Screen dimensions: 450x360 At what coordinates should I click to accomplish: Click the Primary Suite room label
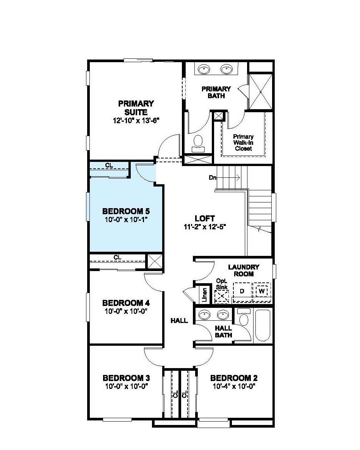coord(136,108)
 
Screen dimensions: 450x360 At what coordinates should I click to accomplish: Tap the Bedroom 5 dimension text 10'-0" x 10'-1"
coord(125,219)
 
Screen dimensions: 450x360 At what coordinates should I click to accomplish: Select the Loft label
coord(205,219)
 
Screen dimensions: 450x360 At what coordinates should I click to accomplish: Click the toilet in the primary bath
coord(198,142)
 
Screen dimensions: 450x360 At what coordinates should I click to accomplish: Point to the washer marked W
coord(261,291)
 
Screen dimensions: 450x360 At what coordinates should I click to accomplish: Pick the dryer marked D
coord(242,291)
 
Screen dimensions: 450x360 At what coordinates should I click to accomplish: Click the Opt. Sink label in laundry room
coord(221,284)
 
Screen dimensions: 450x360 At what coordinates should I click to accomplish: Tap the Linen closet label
coord(204,294)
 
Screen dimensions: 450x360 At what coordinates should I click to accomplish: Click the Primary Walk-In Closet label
coord(243,143)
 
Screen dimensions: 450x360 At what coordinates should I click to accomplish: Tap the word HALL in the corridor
coord(179,321)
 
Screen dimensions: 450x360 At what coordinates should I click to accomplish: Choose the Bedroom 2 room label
coord(234,378)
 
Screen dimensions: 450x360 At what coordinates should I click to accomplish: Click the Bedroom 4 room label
coord(126,303)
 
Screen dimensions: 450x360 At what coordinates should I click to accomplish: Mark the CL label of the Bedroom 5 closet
coord(109,165)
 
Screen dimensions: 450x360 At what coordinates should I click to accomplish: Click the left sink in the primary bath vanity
coord(204,69)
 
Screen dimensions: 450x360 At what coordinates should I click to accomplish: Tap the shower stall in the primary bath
coord(261,92)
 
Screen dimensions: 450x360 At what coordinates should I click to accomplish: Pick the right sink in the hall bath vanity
coord(223,315)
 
